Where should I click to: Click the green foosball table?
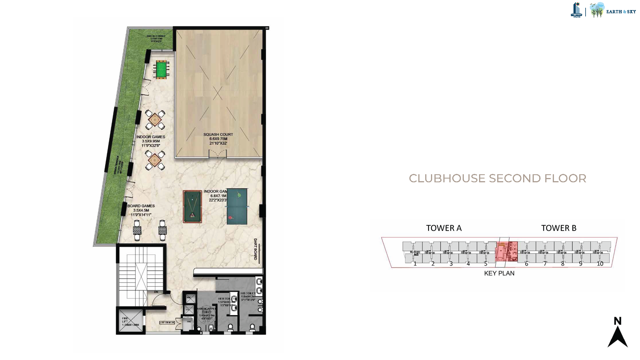point(161,69)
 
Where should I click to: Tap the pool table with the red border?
point(192,206)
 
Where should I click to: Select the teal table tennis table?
point(237,206)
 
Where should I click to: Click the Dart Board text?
point(255,249)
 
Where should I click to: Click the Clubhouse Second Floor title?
point(497,179)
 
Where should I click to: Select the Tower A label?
point(444,228)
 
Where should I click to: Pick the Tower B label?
point(559,228)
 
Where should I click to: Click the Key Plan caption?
point(499,273)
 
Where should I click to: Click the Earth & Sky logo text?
point(621,12)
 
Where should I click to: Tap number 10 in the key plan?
point(600,264)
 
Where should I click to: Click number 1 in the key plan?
point(415,264)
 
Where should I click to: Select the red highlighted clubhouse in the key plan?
point(506,251)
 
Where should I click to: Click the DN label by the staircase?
point(156,292)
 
